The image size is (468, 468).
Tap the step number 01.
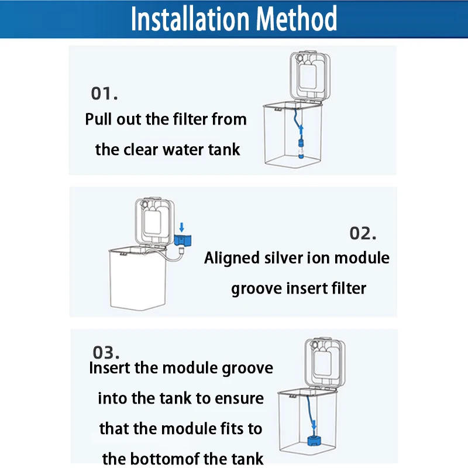(x=105, y=94)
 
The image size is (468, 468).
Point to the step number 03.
(x=106, y=353)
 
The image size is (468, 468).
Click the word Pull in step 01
(x=97, y=119)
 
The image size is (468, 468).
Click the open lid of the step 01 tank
(x=310, y=76)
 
